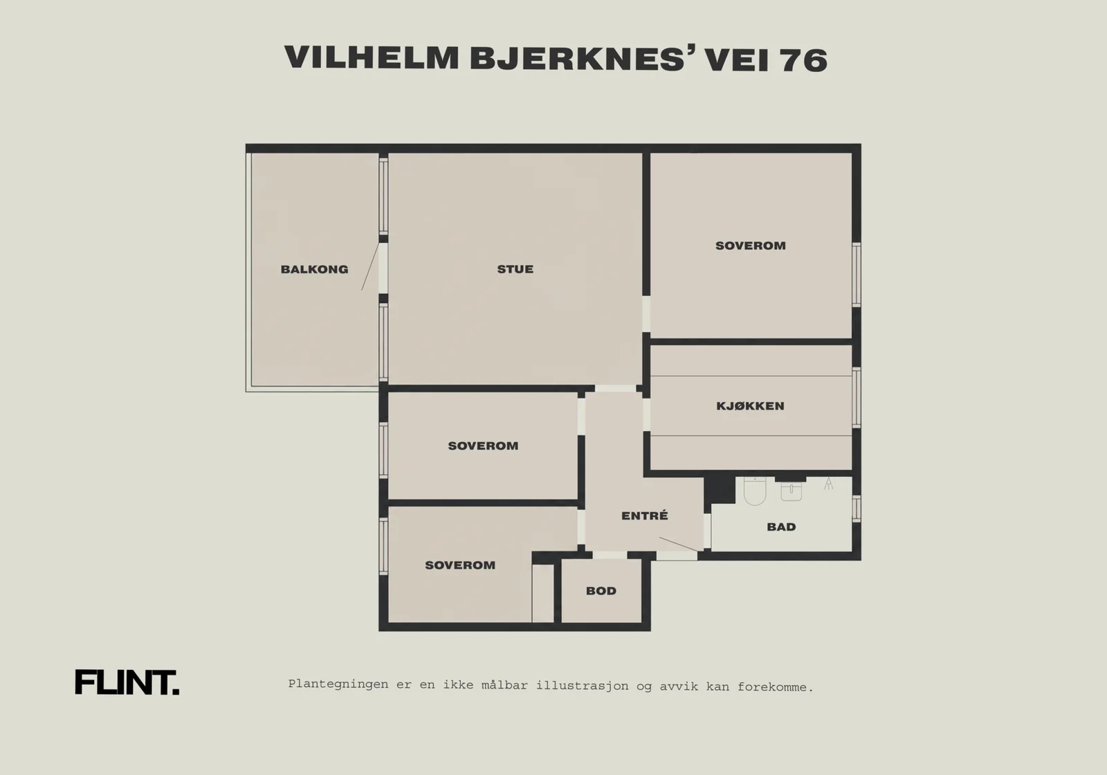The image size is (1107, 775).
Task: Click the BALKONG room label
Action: click(x=314, y=269)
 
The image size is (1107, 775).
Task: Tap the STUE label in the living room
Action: click(x=515, y=269)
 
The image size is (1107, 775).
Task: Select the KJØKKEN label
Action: click(x=750, y=405)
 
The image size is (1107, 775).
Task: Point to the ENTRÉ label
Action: click(x=644, y=516)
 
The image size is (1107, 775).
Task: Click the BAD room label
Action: click(x=781, y=527)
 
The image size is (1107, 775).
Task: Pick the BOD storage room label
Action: click(x=601, y=591)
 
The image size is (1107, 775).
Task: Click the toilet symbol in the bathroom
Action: click(x=755, y=491)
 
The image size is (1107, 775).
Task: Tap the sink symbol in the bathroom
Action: click(x=792, y=491)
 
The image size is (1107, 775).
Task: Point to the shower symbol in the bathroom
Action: click(x=829, y=484)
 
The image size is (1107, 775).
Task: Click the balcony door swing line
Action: click(x=370, y=266)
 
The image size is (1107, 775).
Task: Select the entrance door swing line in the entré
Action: click(x=678, y=544)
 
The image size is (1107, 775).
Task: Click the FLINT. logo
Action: click(x=127, y=682)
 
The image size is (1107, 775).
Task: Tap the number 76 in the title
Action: click(x=803, y=60)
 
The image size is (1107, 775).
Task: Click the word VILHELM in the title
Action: click(x=372, y=57)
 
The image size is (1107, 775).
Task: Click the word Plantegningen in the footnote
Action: click(x=338, y=684)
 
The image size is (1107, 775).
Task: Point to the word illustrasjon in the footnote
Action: click(x=582, y=686)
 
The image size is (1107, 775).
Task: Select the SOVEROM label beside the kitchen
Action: click(x=750, y=246)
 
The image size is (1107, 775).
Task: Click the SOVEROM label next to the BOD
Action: click(x=459, y=565)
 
